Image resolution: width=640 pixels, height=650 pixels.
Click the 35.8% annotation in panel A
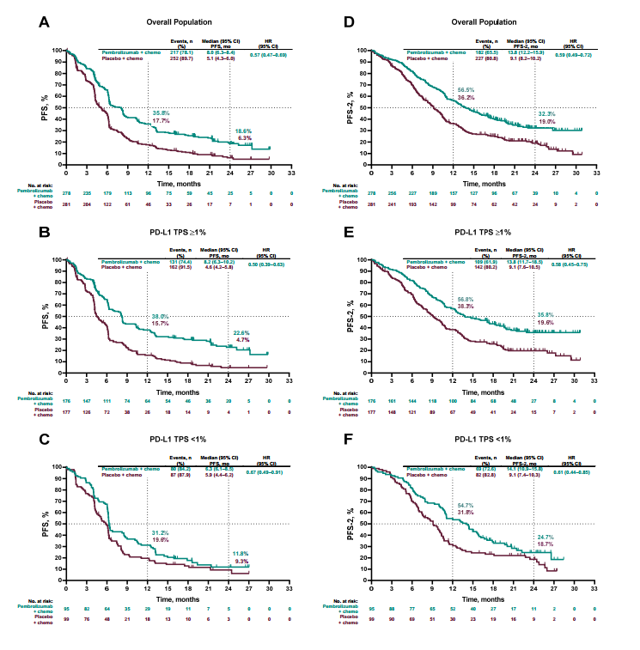[x=161, y=113]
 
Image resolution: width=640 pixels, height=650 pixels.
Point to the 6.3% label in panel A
[x=244, y=137]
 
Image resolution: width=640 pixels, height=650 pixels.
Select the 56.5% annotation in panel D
[x=465, y=89]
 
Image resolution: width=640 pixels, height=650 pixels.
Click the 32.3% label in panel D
[x=546, y=113]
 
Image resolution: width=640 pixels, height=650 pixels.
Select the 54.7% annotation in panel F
[x=465, y=505]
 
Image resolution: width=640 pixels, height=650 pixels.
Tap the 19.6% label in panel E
[x=546, y=322]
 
